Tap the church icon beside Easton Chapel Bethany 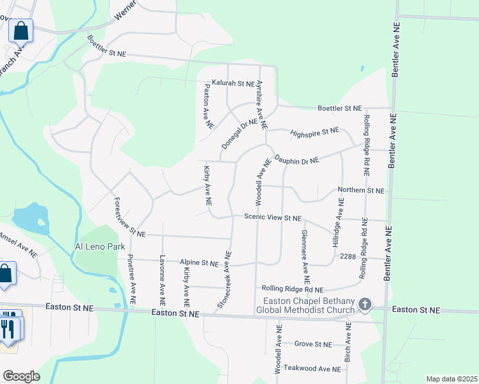(x=365, y=304)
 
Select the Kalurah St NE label (x=230, y=83)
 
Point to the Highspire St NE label (x=314, y=131)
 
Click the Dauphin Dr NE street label (x=296, y=158)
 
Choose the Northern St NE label (x=361, y=190)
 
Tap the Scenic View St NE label (x=273, y=218)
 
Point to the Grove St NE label (x=313, y=344)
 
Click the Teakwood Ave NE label (x=312, y=369)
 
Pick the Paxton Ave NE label (x=207, y=106)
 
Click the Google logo (x=21, y=376)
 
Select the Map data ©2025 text (x=451, y=379)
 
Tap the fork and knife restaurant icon (x=9, y=328)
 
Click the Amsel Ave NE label (x=18, y=244)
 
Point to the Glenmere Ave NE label (x=305, y=257)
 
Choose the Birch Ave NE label (x=348, y=342)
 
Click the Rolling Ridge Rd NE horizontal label (x=292, y=290)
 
